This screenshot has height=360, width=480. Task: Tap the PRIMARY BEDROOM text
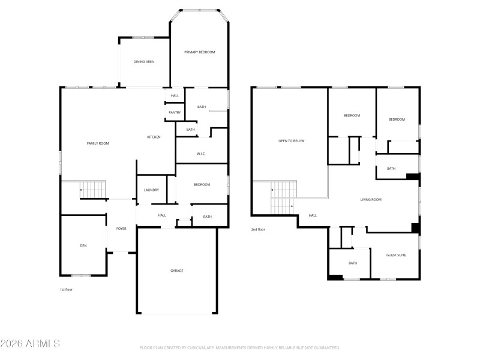point(199,52)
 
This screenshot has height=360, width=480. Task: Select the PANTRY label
point(175,112)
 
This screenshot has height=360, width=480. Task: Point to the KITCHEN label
point(154,137)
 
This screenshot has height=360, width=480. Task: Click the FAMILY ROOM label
point(98,143)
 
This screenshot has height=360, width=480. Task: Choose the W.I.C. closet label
point(201,154)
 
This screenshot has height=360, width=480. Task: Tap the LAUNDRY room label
point(151,190)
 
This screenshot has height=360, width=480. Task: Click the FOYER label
point(121,229)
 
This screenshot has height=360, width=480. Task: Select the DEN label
point(83,245)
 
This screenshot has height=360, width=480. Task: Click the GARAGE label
point(176,271)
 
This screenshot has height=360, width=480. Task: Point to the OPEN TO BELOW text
point(292,141)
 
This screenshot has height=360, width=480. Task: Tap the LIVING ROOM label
point(371,200)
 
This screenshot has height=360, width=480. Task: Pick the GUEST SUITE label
point(396,255)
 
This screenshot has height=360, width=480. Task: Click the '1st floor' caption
point(66,290)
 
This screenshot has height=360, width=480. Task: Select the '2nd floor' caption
point(258,229)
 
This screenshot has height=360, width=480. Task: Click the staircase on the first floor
point(93,190)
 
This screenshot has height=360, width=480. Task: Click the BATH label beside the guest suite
point(353,263)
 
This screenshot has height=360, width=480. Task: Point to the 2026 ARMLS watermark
point(30,344)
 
